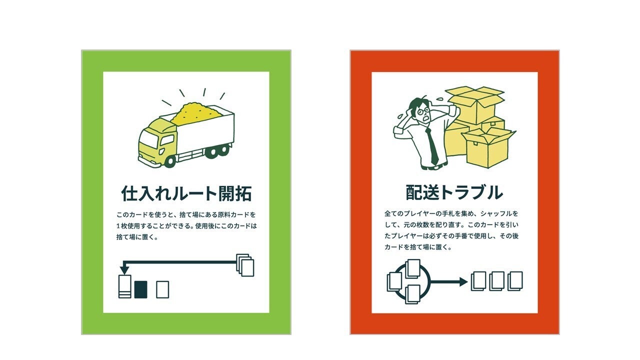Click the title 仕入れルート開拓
point(186,193)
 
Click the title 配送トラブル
point(454,192)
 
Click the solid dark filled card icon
point(140,289)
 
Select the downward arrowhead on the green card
point(124,270)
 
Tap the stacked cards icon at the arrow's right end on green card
point(245,265)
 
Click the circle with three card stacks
point(408,281)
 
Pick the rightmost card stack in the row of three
point(515,280)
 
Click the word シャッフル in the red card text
point(499,213)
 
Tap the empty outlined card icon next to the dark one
point(162,289)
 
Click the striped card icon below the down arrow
point(124,287)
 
